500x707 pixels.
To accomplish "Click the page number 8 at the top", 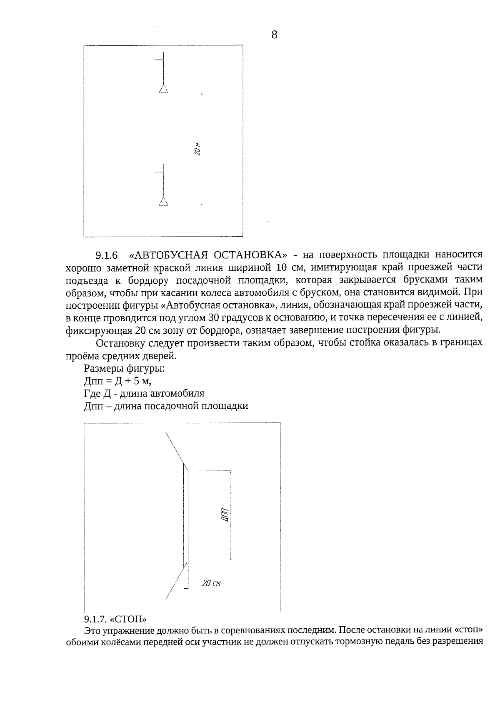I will (x=274, y=35).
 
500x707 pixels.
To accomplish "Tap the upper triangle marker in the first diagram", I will (x=163, y=89).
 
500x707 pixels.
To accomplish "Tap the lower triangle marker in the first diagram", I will (x=163, y=202).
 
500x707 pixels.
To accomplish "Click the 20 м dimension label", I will (x=198, y=149).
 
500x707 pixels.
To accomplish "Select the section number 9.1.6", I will (x=107, y=255).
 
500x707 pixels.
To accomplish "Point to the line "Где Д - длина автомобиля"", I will (x=144, y=393).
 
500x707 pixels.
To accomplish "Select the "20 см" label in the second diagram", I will (x=211, y=584).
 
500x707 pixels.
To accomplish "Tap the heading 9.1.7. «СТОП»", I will (x=116, y=618).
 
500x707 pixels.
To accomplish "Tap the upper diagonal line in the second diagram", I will (x=175, y=447).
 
